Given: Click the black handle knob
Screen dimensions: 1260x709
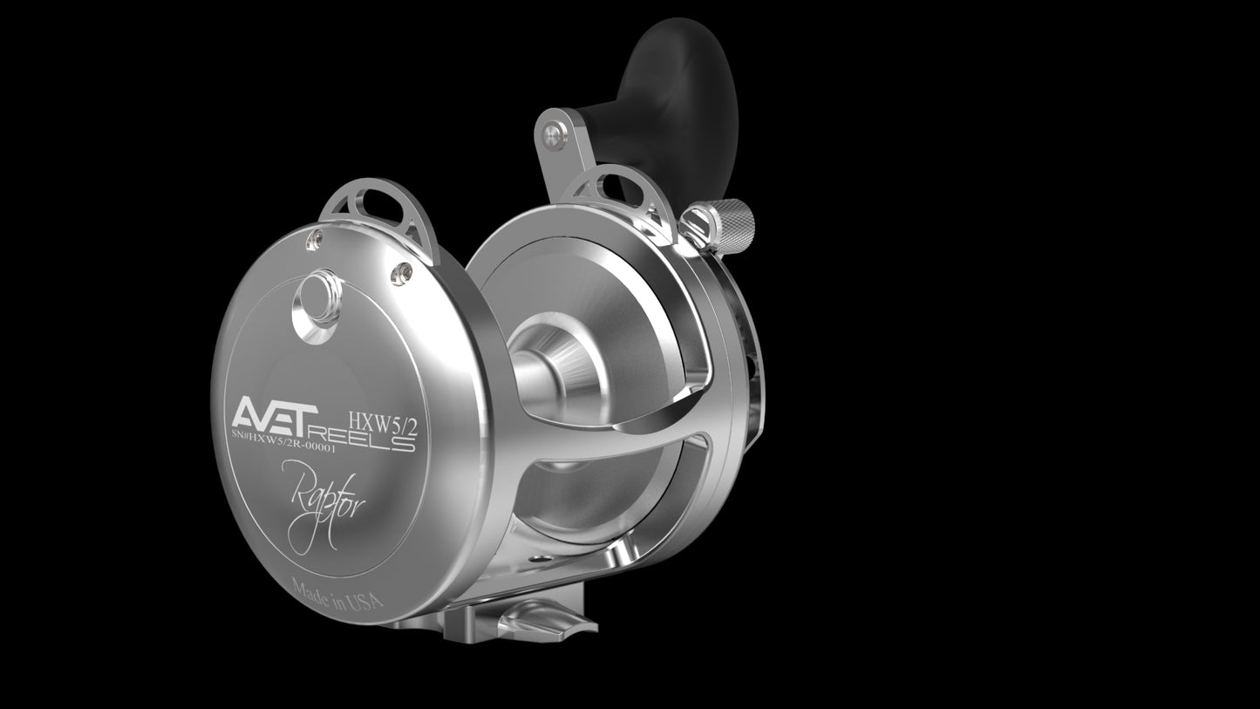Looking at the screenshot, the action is point(675,101).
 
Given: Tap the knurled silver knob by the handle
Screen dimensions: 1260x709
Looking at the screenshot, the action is point(726,225).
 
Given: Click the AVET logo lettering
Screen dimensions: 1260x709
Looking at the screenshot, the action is point(276,412).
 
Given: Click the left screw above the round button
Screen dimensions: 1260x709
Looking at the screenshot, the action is point(314,241).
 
